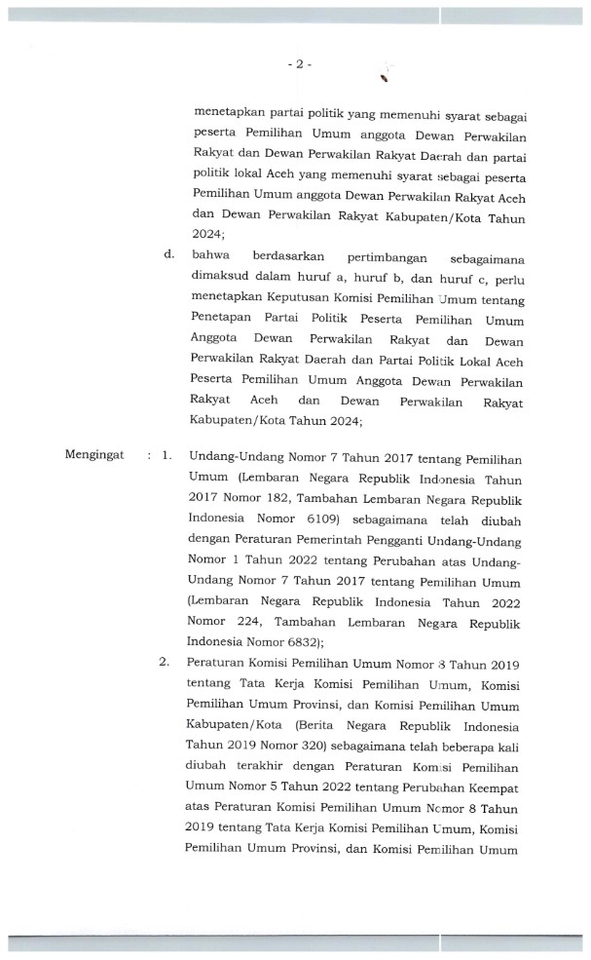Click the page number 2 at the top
pos(299,64)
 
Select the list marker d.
pos(168,255)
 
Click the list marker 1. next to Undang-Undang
pos(167,455)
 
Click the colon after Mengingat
pos(149,455)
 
